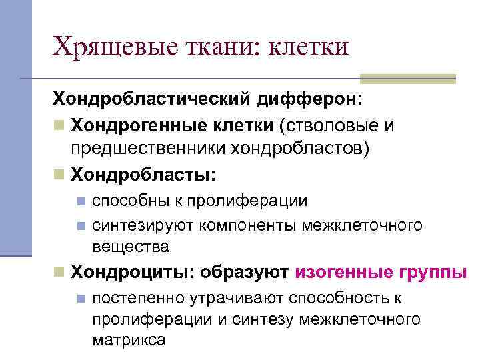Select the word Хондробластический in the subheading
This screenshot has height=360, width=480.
(x=153, y=101)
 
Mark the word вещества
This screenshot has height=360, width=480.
(x=131, y=247)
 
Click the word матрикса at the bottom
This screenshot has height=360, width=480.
(x=129, y=340)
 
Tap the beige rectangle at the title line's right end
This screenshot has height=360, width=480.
(x=421, y=79)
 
